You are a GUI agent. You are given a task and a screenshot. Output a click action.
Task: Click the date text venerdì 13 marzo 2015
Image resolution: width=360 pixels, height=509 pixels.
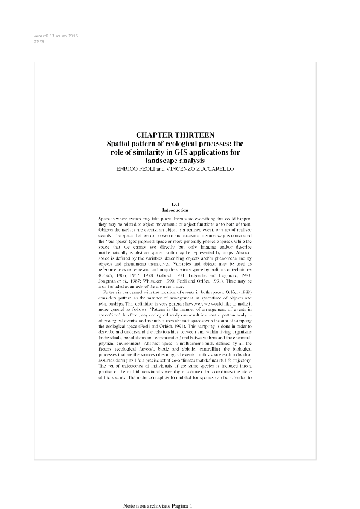click(56, 36)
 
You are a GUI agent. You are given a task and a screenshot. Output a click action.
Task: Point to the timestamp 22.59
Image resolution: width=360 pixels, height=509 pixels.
click(39, 42)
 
